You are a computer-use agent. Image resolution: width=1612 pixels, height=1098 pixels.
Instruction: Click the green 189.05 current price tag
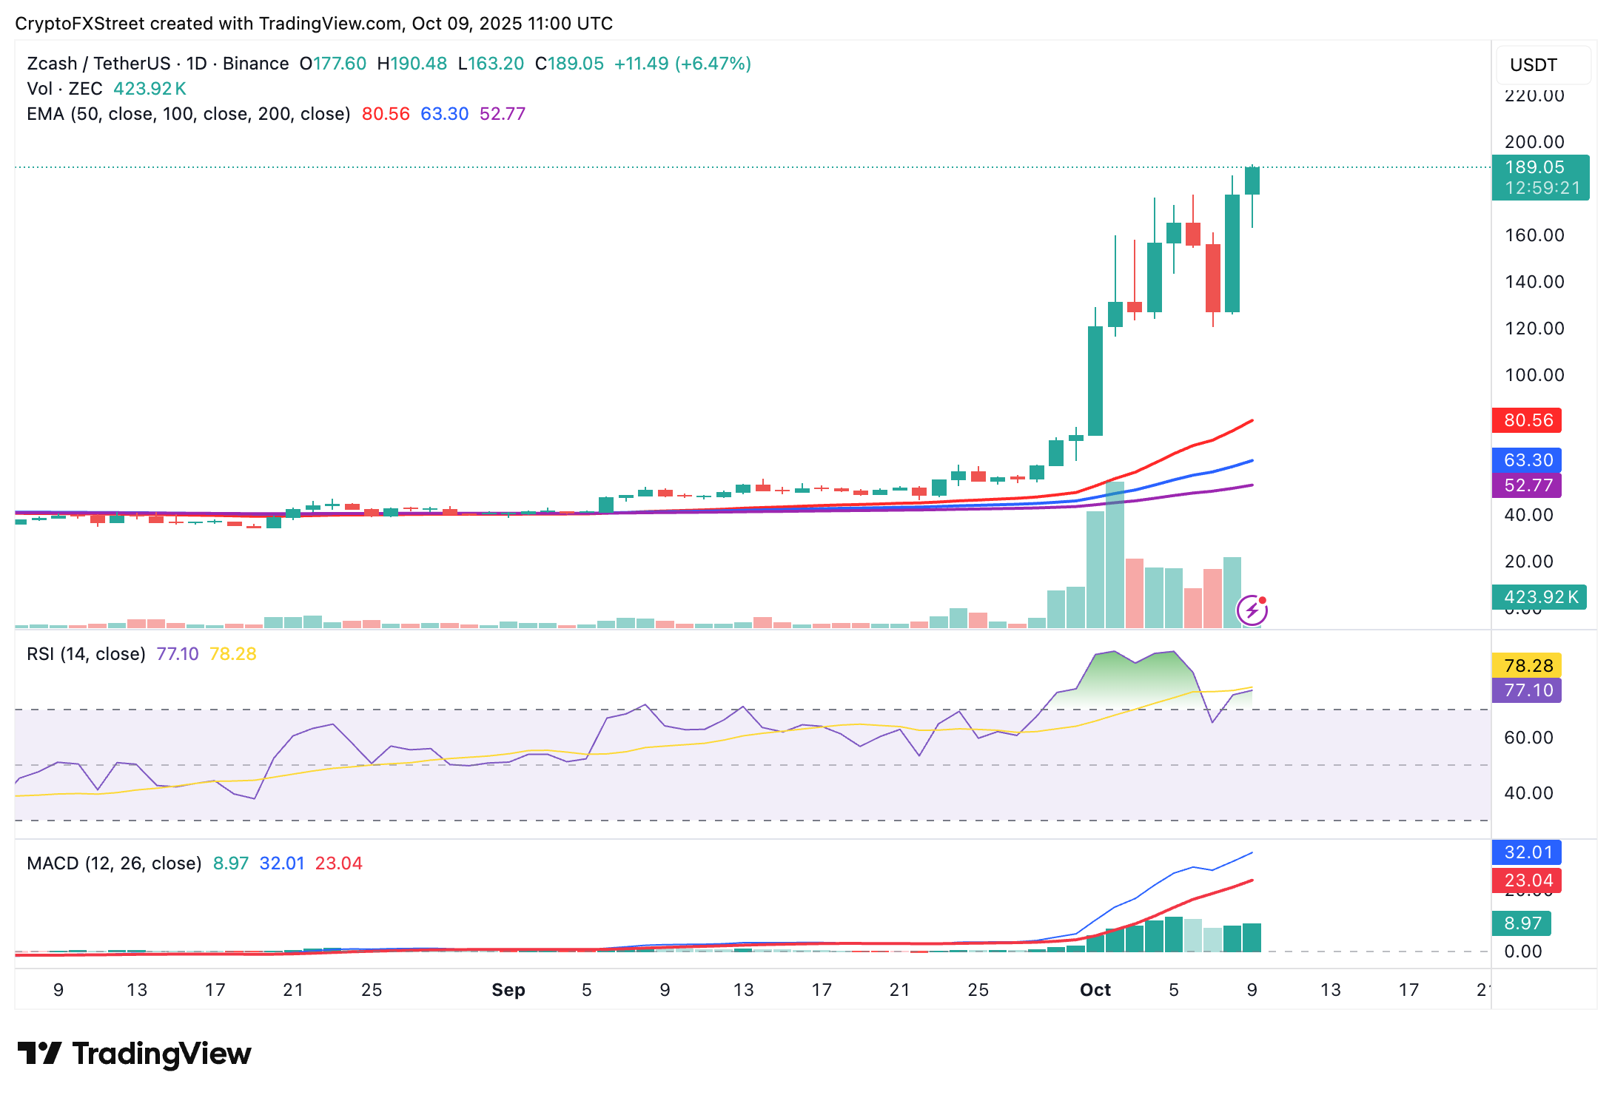tap(1539, 178)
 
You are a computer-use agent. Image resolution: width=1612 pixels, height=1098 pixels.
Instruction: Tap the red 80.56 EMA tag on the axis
tap(1527, 420)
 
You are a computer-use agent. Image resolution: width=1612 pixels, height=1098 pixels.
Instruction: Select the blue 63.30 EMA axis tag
tap(1527, 460)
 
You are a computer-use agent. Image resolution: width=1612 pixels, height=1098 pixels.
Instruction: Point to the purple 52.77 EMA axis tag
tap(1527, 485)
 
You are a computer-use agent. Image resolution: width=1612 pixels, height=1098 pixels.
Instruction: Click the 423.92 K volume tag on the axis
tap(1539, 596)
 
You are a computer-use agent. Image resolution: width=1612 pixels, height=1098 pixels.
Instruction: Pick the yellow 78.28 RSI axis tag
tap(1527, 665)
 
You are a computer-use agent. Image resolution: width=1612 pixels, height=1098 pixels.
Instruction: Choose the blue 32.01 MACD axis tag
tap(1527, 852)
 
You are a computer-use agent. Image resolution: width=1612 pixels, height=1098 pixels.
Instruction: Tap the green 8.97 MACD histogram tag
tap(1522, 923)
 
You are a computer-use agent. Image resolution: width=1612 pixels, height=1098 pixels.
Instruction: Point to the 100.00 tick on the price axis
tap(1534, 375)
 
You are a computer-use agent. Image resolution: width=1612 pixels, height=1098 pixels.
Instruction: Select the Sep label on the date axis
tap(508, 990)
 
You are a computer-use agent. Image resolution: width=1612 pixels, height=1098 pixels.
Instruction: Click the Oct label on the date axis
tap(1095, 990)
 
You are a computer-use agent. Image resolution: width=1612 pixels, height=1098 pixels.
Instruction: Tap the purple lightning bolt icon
tap(1252, 610)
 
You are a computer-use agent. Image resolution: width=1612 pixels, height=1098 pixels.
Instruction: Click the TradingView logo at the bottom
tap(135, 1054)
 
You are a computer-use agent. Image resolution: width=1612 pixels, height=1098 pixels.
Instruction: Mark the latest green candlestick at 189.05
tap(1252, 181)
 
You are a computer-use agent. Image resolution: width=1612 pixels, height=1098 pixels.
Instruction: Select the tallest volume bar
tap(1115, 555)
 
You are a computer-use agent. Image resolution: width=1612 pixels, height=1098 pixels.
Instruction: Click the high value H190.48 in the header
tap(412, 64)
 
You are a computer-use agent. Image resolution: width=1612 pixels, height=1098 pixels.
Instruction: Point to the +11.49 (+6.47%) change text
tap(682, 64)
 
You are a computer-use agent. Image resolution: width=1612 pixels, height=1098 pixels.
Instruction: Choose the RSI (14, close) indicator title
tap(86, 654)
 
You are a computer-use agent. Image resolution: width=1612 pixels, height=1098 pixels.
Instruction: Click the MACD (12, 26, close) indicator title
tap(114, 863)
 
